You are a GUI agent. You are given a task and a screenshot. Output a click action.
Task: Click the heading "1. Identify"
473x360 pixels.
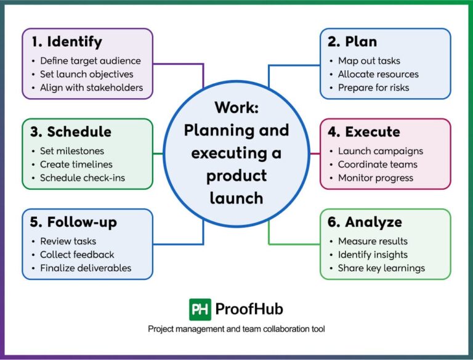(67, 43)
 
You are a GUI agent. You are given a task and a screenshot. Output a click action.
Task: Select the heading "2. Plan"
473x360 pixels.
(354, 43)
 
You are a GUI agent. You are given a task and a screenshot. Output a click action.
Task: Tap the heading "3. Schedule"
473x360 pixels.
(71, 132)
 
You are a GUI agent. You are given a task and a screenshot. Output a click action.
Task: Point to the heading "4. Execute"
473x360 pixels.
(364, 132)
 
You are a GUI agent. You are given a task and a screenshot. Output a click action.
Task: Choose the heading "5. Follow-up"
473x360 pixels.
(73, 222)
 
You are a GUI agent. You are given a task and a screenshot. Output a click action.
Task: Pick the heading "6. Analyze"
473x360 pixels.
(365, 222)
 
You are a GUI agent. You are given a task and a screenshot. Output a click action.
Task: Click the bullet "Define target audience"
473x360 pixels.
(91, 61)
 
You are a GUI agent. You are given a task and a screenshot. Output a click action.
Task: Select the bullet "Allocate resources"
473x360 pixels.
(378, 74)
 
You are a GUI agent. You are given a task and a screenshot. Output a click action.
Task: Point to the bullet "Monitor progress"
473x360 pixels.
(376, 178)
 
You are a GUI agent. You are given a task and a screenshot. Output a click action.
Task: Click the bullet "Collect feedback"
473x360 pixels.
(77, 255)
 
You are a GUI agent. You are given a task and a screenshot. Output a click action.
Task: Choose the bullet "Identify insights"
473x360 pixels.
(373, 255)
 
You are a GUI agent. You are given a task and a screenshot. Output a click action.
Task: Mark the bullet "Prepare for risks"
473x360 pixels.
(373, 88)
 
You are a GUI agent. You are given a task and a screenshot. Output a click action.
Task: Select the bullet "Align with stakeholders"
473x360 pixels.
(91, 88)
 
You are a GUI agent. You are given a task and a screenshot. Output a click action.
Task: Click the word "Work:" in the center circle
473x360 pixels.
(236, 107)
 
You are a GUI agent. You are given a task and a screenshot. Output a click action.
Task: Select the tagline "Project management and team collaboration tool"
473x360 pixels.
(236, 329)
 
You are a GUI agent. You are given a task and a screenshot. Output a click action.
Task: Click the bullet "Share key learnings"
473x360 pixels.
(381, 268)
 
